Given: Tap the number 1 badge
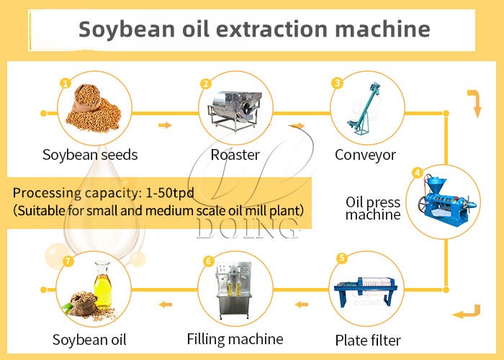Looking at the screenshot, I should pyautogui.click(x=65, y=84).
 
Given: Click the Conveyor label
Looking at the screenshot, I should pyautogui.click(x=365, y=155).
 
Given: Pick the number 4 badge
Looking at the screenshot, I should pyautogui.click(x=417, y=173).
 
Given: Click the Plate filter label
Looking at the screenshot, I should pyautogui.click(x=368, y=340).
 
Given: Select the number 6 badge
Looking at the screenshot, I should pyautogui.click(x=209, y=261).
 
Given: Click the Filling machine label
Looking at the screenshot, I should pyautogui.click(x=235, y=338).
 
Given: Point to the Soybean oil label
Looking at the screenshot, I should pyautogui.click(x=89, y=339).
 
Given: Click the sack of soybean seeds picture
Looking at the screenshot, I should pyautogui.click(x=92, y=108).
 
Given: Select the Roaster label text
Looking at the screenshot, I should pyautogui.click(x=235, y=155).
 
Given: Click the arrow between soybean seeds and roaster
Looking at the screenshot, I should pyautogui.click(x=165, y=125).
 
